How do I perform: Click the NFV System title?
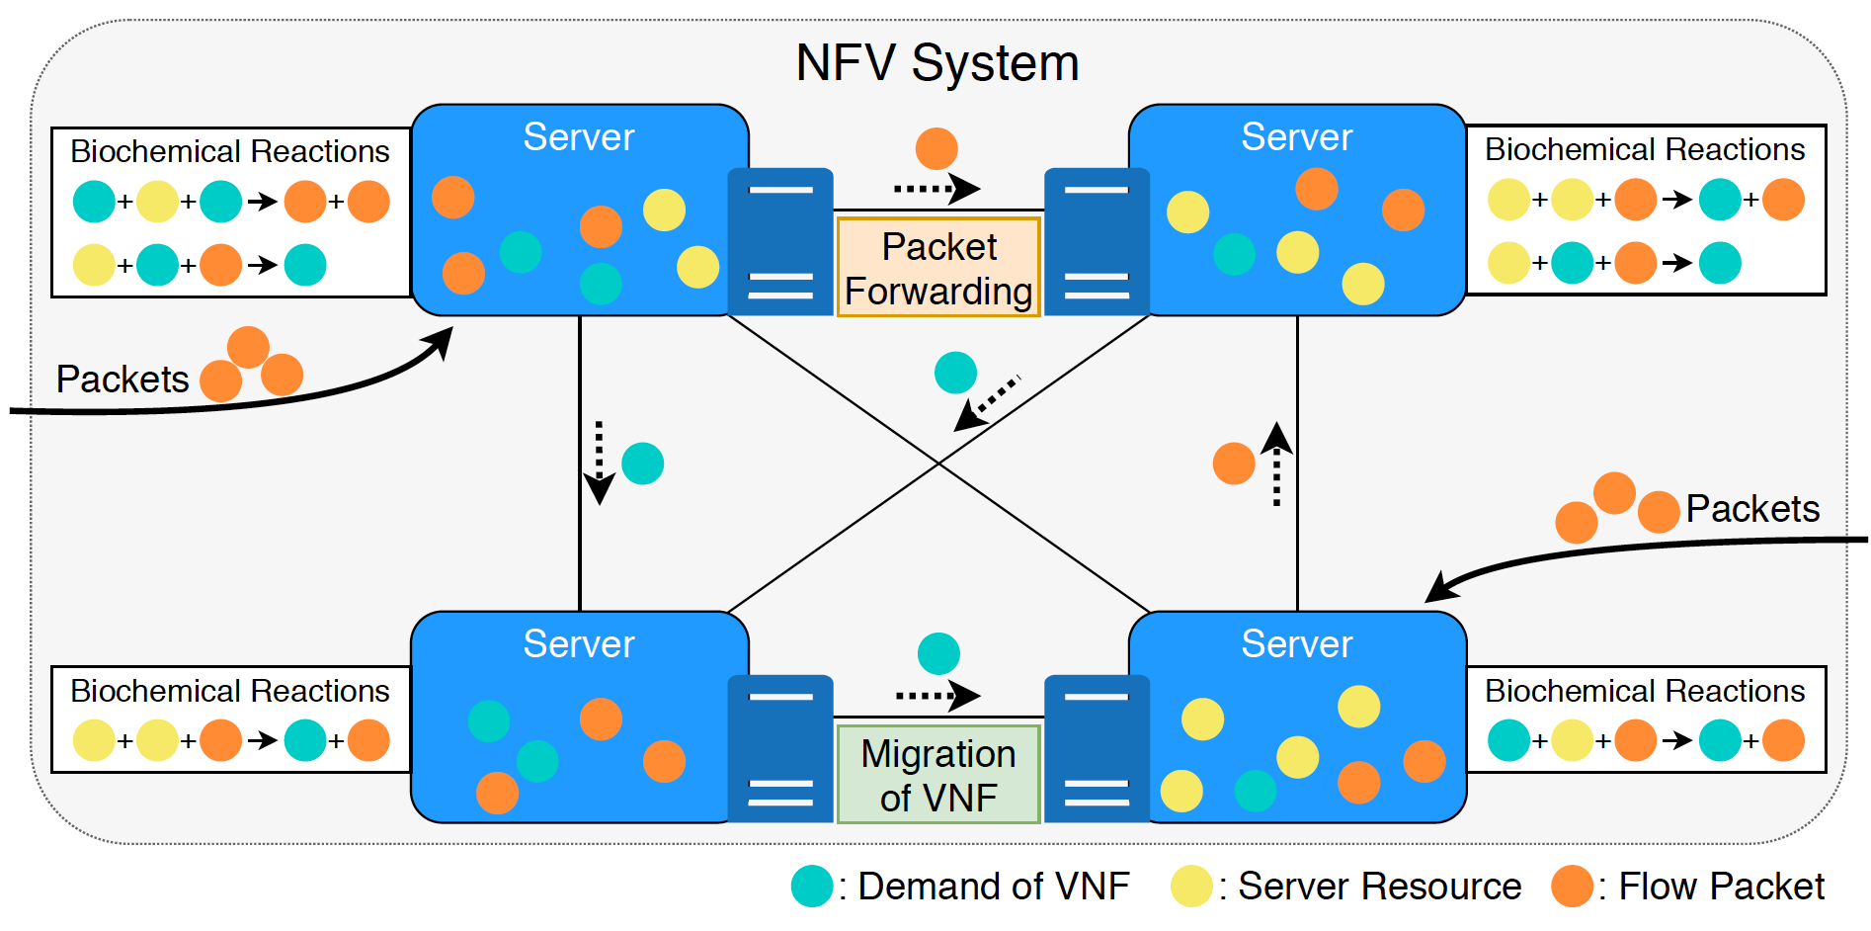(936, 63)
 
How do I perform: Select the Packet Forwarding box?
(938, 268)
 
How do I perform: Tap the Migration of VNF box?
(938, 775)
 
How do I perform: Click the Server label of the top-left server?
(578, 137)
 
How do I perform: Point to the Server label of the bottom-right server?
(1296, 644)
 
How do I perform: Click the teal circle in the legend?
(812, 887)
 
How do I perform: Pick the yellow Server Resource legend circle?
(1191, 887)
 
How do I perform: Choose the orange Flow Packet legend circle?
(1572, 887)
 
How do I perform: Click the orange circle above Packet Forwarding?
(936, 148)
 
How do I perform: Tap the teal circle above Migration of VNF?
(938, 653)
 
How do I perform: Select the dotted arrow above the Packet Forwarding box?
(935, 188)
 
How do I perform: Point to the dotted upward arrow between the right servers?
(1276, 464)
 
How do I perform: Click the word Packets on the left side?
(122, 380)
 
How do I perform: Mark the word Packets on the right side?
(1752, 509)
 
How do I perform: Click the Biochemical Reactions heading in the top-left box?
(230, 151)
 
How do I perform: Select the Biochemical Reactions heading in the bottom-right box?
(1645, 691)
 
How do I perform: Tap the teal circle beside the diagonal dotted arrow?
(955, 373)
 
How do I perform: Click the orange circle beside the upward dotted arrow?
(1234, 464)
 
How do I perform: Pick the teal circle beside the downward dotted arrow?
(643, 464)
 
